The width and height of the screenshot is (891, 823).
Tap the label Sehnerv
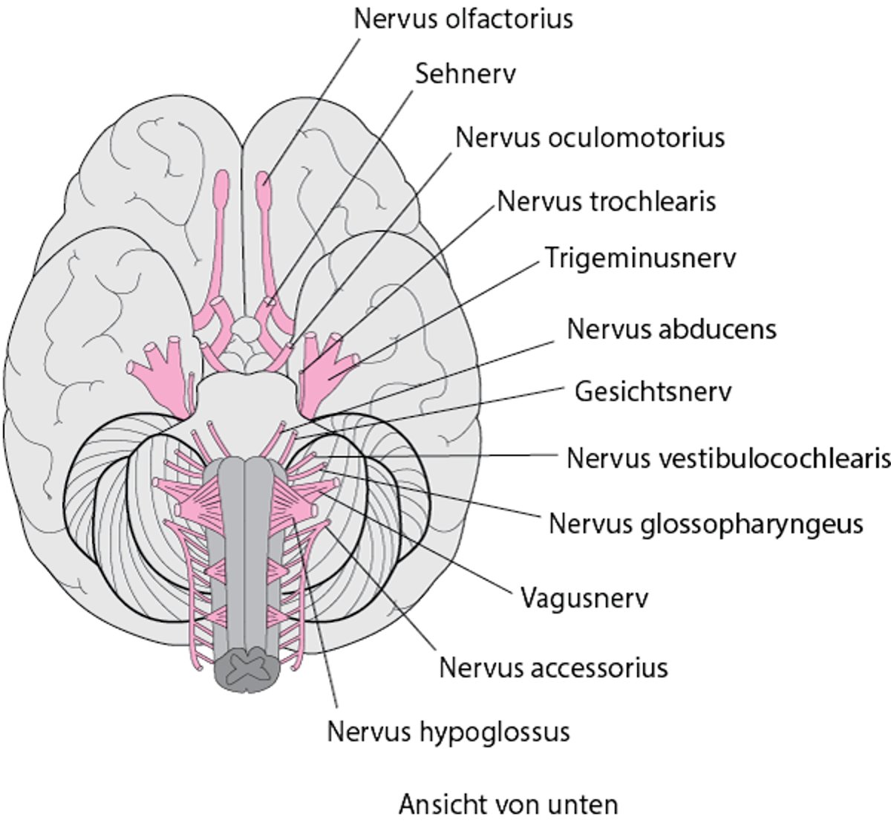point(465,74)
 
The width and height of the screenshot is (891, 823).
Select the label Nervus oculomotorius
point(590,138)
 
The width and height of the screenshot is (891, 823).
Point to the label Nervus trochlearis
point(606,201)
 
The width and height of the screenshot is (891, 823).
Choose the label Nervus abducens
point(671,328)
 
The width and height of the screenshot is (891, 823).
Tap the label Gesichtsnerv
point(653,391)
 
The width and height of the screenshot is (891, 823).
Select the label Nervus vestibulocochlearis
point(728,458)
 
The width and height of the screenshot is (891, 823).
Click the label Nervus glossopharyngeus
point(705,524)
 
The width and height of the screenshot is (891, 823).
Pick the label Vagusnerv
point(584,598)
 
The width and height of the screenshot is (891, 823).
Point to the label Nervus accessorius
point(553,668)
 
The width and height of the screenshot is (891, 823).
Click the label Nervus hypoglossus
point(448,732)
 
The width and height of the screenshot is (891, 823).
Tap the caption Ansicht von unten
point(508,804)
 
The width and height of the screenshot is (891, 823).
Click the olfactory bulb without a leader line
point(222,189)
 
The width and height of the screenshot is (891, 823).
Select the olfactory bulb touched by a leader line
point(264,189)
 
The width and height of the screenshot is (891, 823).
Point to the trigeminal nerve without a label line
point(165,371)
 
